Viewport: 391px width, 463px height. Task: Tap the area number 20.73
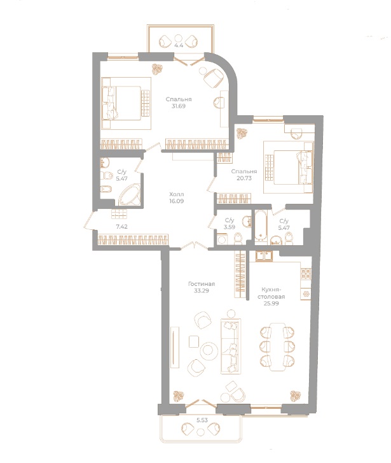tap(244, 181)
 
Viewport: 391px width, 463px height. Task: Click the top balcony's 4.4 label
tap(179, 44)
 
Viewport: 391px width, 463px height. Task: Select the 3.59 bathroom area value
tap(229, 227)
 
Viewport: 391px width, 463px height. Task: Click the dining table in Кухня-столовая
tap(277, 345)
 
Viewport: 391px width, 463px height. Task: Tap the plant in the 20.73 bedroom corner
tap(242, 133)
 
